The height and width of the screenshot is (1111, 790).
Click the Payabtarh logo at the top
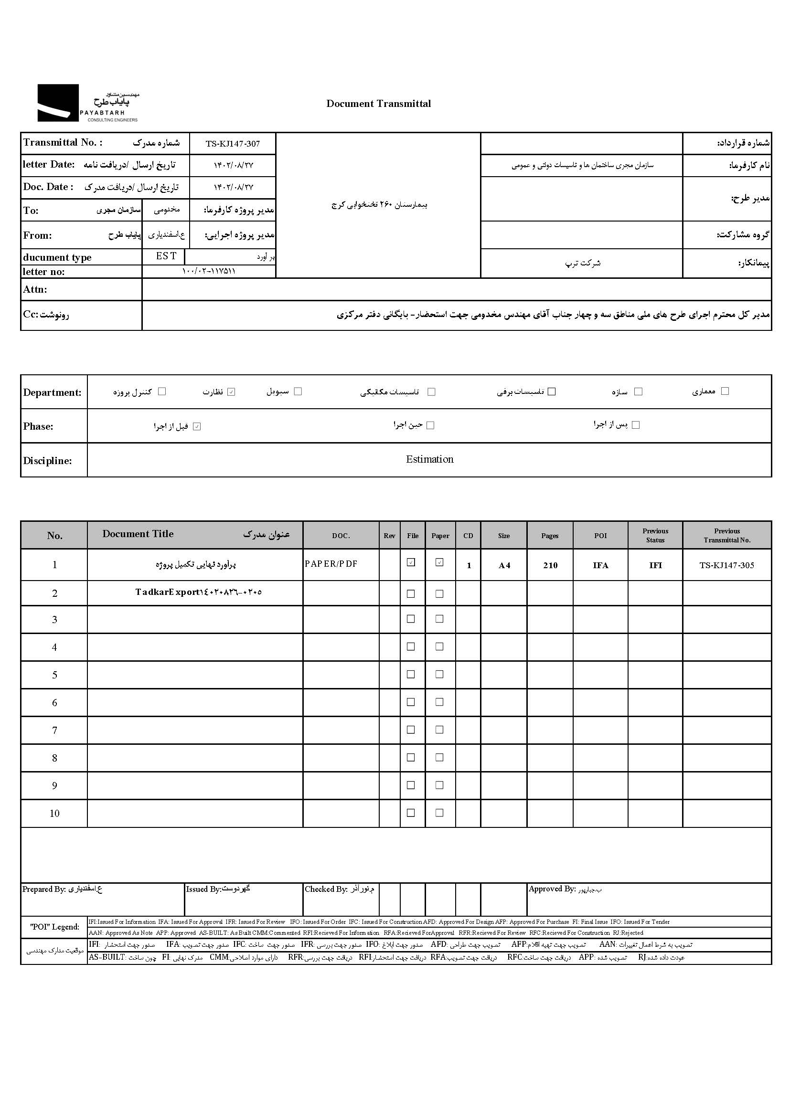pyautogui.click(x=87, y=103)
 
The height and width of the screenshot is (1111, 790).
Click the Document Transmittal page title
pyautogui.click(x=378, y=104)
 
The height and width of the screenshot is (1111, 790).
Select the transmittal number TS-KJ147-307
pyautogui.click(x=233, y=144)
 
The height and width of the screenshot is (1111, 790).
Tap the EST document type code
pyautogui.click(x=166, y=256)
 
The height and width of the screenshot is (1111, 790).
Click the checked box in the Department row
pyautogui.click(x=232, y=392)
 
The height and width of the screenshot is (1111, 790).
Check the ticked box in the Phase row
pyautogui.click(x=196, y=426)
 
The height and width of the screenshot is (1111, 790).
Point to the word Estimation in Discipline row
pyautogui.click(x=429, y=459)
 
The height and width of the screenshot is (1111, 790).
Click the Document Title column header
pyautogui.click(x=138, y=534)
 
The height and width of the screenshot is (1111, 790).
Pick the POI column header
pyautogui.click(x=600, y=535)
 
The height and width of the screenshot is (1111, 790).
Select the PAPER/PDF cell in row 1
pyautogui.click(x=331, y=564)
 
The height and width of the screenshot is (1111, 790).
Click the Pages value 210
pyautogui.click(x=550, y=565)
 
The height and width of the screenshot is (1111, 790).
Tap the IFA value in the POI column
pyautogui.click(x=600, y=565)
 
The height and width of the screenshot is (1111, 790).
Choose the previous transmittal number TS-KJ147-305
pyautogui.click(x=726, y=565)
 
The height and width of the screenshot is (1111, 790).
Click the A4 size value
pyautogui.click(x=504, y=565)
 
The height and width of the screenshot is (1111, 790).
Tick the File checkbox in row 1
pyautogui.click(x=411, y=562)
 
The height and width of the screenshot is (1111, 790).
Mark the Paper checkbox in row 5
pyautogui.click(x=439, y=674)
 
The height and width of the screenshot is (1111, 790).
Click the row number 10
pyautogui.click(x=54, y=814)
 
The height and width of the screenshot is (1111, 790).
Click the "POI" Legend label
pyautogui.click(x=54, y=927)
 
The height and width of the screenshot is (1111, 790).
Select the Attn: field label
pyautogui.click(x=35, y=289)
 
